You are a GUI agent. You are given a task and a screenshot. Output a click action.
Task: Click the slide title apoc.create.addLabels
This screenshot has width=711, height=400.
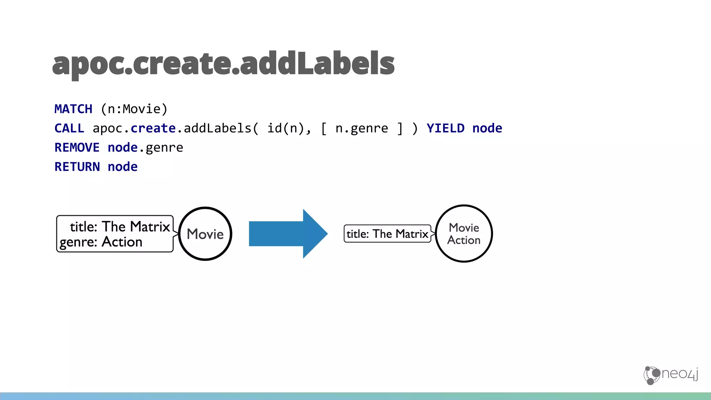click(223, 64)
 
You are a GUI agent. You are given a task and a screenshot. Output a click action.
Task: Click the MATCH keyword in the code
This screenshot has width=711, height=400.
click(73, 109)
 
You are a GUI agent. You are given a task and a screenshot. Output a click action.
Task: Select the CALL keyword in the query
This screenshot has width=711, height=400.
click(69, 128)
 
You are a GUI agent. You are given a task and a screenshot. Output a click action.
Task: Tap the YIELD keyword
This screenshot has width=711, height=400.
click(445, 128)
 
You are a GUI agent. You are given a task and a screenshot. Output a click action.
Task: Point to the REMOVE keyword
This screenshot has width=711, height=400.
click(77, 148)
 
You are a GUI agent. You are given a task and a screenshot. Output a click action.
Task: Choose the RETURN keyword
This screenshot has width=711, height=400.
click(77, 167)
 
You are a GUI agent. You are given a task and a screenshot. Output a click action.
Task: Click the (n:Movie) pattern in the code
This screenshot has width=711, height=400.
click(134, 109)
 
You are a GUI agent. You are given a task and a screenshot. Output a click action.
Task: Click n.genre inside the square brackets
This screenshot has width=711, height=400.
click(361, 128)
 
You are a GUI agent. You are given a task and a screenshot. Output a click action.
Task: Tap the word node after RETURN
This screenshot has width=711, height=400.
click(123, 167)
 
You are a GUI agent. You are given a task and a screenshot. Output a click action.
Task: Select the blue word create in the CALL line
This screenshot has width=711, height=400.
click(153, 128)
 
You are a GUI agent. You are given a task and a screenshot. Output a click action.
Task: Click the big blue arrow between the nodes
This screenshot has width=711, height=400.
click(288, 234)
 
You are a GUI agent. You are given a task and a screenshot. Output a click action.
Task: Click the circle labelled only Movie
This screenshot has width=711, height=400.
click(205, 234)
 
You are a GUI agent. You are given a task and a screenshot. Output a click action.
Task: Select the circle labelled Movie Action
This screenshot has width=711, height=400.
click(464, 233)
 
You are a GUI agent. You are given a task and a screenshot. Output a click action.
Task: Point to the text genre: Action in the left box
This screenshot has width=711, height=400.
click(101, 242)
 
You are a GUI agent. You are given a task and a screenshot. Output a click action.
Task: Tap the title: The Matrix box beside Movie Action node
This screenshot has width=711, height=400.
click(387, 234)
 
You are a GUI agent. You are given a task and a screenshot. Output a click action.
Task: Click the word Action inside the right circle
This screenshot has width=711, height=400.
click(464, 240)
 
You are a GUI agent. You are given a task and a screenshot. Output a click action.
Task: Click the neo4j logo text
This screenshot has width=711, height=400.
click(679, 374)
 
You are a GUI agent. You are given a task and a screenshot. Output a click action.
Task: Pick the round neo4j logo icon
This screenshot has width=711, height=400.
click(652, 375)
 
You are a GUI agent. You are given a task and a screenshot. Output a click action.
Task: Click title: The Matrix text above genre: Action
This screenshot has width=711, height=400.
click(120, 227)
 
